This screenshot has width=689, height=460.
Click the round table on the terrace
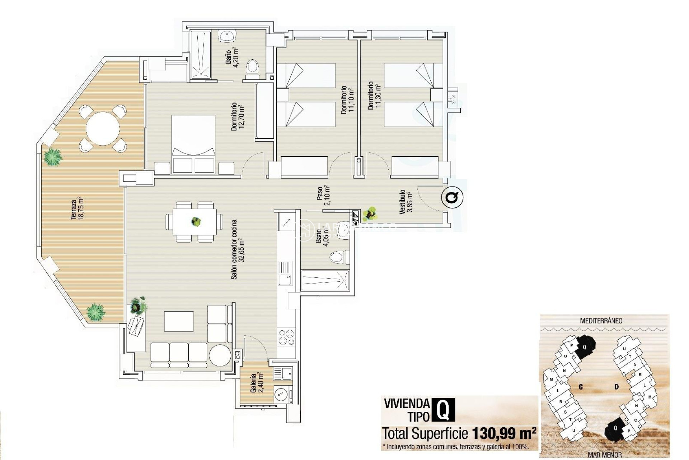(x=103, y=128)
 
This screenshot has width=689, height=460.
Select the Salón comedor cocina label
(x=237, y=249)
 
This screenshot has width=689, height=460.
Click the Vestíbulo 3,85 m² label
(x=406, y=202)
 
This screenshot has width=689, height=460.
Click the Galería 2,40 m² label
(x=257, y=383)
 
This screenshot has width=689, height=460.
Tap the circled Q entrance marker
(x=452, y=197)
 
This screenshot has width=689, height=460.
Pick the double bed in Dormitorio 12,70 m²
(x=193, y=144)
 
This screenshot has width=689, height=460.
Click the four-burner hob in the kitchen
(x=286, y=337)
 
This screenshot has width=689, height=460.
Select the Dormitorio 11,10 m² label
(x=347, y=100)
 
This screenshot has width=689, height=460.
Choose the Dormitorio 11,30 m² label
(x=374, y=96)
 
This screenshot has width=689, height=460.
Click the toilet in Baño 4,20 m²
(x=253, y=68)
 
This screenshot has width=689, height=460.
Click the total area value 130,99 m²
(x=504, y=433)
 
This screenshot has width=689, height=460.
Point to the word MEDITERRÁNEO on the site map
(x=601, y=321)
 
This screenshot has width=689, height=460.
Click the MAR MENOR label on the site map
(x=605, y=455)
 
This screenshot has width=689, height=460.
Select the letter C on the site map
(x=581, y=387)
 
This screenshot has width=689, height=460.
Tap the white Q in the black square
(x=443, y=410)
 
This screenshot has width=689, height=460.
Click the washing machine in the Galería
(x=281, y=394)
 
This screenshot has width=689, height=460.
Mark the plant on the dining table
(x=196, y=221)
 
